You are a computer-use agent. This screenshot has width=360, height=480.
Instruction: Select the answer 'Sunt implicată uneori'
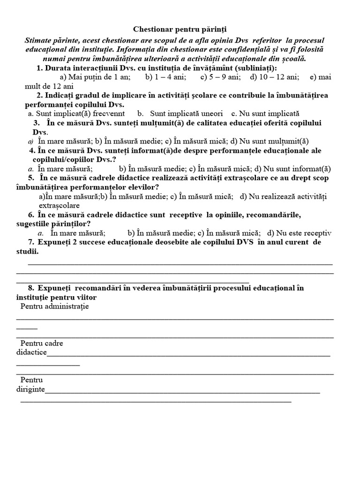(180, 113)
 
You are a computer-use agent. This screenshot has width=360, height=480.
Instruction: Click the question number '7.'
(31, 242)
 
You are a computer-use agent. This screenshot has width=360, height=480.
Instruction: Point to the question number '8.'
(31, 288)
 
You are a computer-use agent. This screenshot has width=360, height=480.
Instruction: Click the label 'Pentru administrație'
(55, 306)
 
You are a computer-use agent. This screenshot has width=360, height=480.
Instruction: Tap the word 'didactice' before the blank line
(31, 352)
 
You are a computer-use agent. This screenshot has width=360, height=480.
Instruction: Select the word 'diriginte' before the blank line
(30, 389)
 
